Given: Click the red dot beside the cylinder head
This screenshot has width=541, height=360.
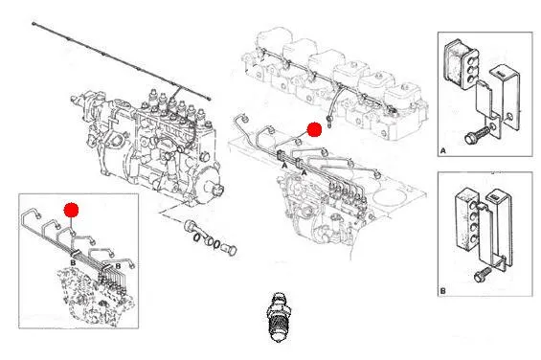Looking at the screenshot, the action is coord(314,129).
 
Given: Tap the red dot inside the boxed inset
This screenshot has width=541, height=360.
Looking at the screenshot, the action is coord(71,210).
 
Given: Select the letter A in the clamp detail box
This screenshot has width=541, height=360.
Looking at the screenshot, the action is coord(443,151).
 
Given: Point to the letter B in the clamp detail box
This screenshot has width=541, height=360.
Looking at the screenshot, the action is coord(442,291).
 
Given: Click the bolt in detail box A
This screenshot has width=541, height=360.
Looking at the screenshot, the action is coord(478,135).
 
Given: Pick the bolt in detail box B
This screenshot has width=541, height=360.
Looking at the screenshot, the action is coord(483,275).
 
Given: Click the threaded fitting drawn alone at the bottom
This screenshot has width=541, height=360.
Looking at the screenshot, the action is coord(279,317).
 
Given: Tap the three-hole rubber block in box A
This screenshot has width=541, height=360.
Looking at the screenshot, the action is coord(461,64).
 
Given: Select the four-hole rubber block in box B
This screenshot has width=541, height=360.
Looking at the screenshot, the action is coord(467,218).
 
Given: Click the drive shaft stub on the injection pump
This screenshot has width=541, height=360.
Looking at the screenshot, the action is coord(217,189).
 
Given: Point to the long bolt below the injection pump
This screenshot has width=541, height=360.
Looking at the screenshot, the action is coord(194,229).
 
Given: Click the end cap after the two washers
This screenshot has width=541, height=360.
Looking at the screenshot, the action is coord(230,249).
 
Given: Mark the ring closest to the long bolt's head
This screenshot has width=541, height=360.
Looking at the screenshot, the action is coord(195,237).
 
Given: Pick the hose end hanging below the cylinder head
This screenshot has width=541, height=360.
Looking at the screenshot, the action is coord(328,122).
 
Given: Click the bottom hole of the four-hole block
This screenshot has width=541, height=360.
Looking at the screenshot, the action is coord(473,237).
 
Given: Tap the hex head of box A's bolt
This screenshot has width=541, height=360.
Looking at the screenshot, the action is coord(469,139).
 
